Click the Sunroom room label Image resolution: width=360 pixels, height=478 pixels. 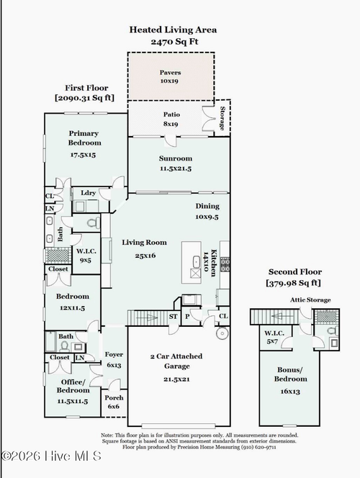pyautogui.click(x=176, y=158)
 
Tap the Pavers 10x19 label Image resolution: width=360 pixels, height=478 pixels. pyautogui.click(x=170, y=77)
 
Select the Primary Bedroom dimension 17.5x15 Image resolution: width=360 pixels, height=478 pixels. pyautogui.click(x=83, y=155)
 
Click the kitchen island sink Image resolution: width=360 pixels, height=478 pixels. pyautogui.click(x=196, y=262)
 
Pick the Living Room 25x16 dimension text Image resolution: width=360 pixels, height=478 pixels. pyautogui.click(x=145, y=256)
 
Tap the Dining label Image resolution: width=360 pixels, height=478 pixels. pyautogui.click(x=207, y=206)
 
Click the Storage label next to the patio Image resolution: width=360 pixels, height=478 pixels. pyautogui.click(x=222, y=118)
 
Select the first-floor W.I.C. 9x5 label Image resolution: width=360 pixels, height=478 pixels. pyautogui.click(x=86, y=256)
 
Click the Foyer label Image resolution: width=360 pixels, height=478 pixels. pyautogui.click(x=114, y=354)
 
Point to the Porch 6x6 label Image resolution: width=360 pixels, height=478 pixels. pyautogui.click(x=114, y=402)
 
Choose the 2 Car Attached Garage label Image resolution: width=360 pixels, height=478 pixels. pyautogui.click(x=176, y=361)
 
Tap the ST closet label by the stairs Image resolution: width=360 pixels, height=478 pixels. pyautogui.click(x=173, y=317)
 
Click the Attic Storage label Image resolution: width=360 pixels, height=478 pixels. pyautogui.click(x=310, y=300)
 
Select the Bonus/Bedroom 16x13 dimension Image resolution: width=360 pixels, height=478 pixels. pyautogui.click(x=290, y=392)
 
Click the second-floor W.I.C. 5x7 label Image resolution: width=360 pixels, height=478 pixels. pyautogui.click(x=274, y=337)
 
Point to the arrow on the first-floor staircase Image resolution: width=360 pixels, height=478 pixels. pyautogui.click(x=147, y=317)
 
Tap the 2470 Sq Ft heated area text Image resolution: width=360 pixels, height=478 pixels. pyautogui.click(x=174, y=42)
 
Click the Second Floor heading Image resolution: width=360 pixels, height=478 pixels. pyautogui.click(x=295, y=272)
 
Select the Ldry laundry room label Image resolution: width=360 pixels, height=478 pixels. pyautogui.click(x=88, y=193)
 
